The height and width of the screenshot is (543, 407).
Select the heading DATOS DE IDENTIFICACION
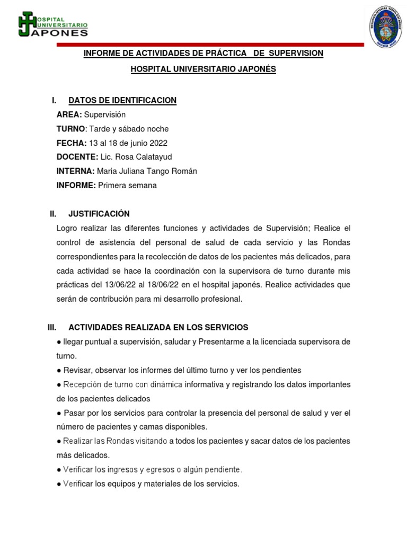(x=122, y=100)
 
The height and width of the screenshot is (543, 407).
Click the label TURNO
(x=70, y=129)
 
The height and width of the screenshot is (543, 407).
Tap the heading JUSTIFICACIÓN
(x=99, y=214)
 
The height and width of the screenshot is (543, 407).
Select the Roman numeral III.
(x=52, y=327)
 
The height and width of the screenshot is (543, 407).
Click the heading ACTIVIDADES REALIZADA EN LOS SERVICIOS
(x=158, y=327)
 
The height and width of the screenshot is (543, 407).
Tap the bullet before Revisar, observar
(x=59, y=370)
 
